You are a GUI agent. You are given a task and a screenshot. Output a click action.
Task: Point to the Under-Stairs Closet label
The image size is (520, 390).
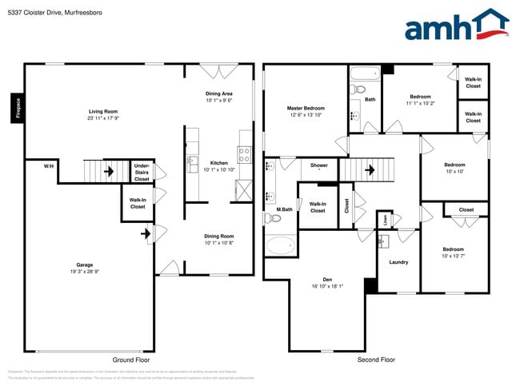(142, 172)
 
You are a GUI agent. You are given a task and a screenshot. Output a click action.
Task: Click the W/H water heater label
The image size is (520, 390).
(49, 165)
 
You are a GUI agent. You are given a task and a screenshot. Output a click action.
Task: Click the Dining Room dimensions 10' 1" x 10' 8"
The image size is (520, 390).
(219, 243)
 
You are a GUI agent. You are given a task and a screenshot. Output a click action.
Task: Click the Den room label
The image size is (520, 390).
(317, 280)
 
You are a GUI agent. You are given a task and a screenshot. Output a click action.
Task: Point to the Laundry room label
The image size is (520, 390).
(398, 262)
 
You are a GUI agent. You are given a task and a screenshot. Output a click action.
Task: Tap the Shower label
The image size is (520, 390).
(319, 165)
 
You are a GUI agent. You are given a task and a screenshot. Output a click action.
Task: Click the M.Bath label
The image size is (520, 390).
(285, 209)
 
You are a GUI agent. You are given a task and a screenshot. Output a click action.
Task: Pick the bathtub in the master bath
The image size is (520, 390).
(280, 245)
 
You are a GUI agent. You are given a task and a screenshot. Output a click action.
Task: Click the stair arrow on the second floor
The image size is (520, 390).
(370, 169)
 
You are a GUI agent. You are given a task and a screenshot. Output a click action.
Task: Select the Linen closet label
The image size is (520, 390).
(385, 219)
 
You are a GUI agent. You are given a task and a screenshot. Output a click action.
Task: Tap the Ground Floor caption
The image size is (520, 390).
(131, 360)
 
